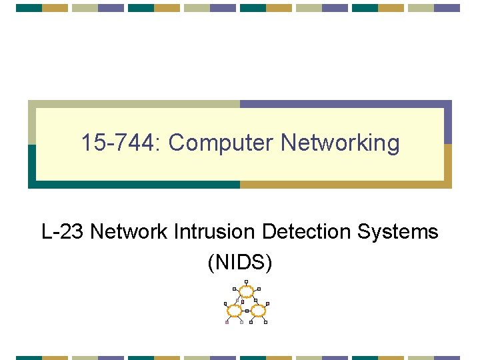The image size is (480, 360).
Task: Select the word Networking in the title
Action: tap(341, 143)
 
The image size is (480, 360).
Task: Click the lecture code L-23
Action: tap(63, 232)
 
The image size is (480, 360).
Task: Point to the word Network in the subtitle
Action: tap(129, 232)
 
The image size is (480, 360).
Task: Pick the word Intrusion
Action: tap(214, 232)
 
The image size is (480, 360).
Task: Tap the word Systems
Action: tap(399, 232)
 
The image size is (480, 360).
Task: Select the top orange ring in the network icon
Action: tap(247, 291)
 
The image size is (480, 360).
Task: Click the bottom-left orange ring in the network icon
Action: tap(235, 311)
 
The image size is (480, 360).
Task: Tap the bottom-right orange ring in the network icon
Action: tap(258, 311)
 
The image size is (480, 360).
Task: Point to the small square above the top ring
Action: tap(247, 281)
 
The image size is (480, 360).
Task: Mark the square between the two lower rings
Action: tap(247, 311)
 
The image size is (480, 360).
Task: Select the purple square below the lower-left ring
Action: tap(227, 322)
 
